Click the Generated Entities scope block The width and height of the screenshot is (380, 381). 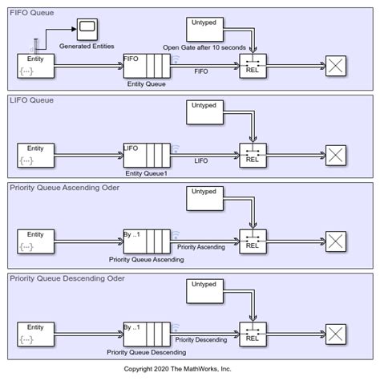click(85, 30)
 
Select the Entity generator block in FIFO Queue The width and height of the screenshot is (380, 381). click(35, 67)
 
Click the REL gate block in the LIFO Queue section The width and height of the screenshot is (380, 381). click(253, 155)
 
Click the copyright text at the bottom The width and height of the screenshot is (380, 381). click(189, 368)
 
